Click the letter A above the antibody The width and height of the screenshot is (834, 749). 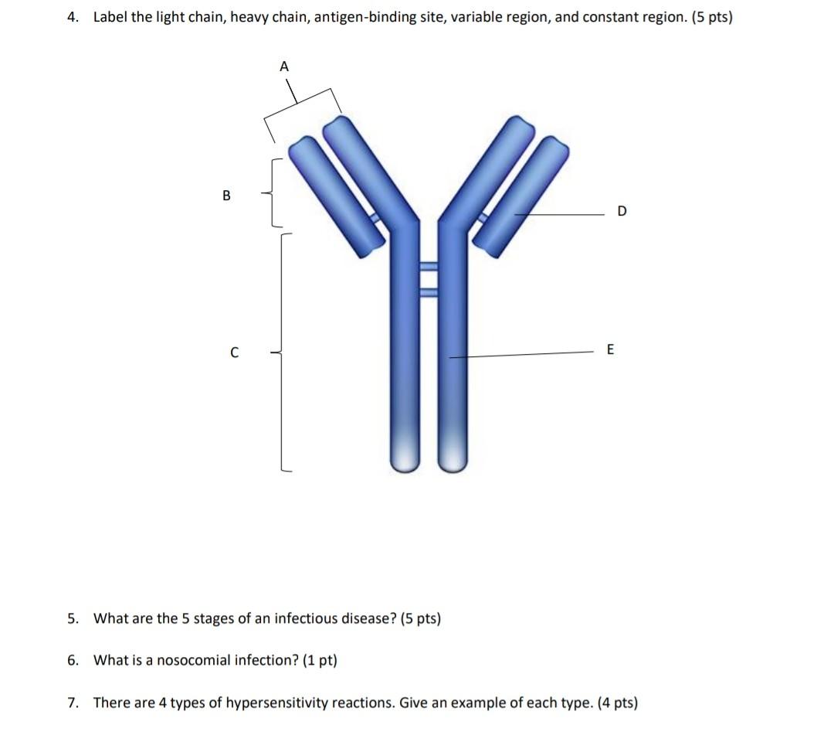point(283,67)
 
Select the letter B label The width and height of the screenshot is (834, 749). point(226,196)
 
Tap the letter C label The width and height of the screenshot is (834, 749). point(233,353)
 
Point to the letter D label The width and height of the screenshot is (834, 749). point(623,212)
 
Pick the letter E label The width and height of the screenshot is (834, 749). point(610,350)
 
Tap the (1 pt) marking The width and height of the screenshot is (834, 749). point(320,660)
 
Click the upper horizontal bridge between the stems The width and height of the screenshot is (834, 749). point(429,268)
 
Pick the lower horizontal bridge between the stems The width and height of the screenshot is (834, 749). point(429,292)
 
